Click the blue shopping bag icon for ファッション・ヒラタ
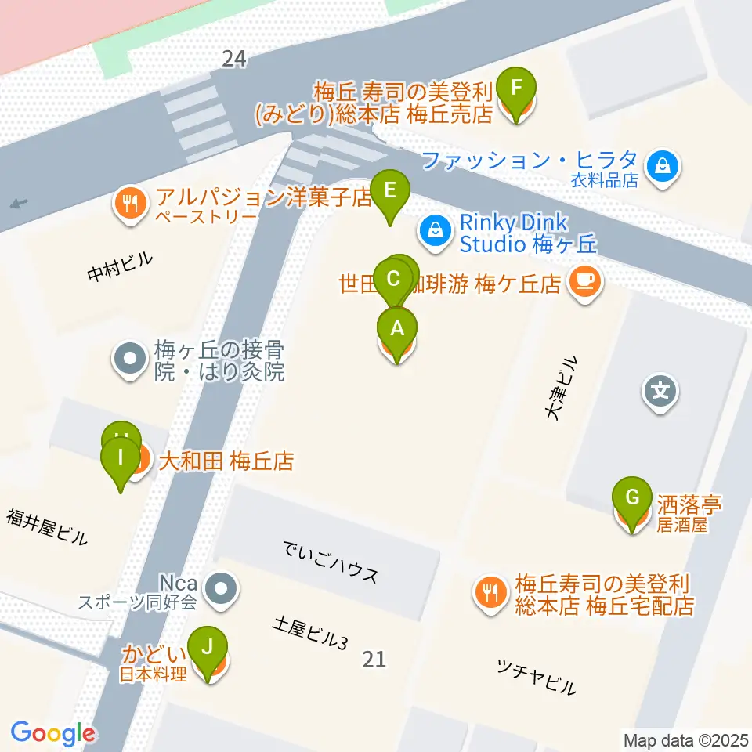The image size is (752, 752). [x=663, y=166]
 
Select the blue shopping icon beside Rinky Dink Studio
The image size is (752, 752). [x=433, y=230]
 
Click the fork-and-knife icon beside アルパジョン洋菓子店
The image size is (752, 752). [x=128, y=205]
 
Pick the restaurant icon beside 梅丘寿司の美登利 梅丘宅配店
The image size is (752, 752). [x=491, y=592]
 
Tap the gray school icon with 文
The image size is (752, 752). [x=660, y=389]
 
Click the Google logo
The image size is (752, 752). [x=52, y=733]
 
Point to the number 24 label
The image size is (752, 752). [x=233, y=58]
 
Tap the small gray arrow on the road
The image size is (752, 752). [x=19, y=204]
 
